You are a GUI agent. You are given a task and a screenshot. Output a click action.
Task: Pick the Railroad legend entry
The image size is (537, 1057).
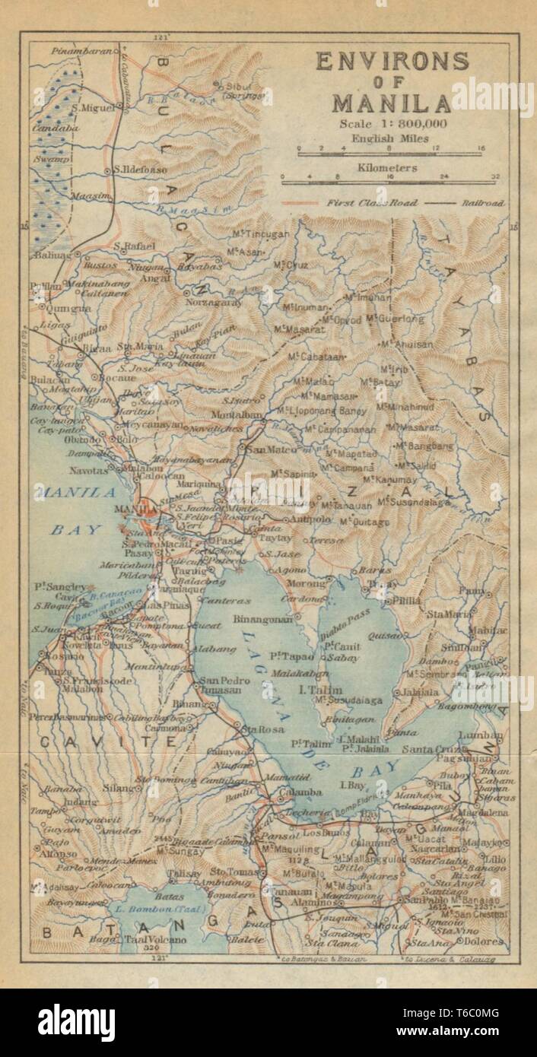[481, 203]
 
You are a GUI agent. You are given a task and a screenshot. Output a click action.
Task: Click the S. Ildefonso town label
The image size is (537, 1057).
[139, 170]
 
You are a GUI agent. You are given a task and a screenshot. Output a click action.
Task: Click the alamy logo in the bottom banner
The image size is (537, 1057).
[76, 1022]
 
